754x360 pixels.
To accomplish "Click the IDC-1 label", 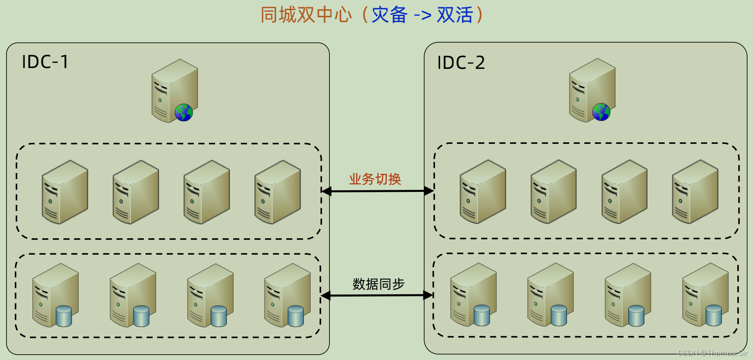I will (x=45, y=62).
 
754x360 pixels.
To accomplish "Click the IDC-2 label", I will (x=461, y=63).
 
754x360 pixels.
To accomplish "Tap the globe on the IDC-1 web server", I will (x=184, y=112).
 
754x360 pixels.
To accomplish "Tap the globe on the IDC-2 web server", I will (x=601, y=112).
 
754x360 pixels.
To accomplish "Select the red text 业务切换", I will (x=375, y=179).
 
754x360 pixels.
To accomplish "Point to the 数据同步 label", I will (x=378, y=284).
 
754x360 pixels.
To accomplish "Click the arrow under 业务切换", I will (x=377, y=191).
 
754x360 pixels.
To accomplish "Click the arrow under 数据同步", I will (x=377, y=295).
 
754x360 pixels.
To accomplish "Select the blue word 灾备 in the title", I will (x=389, y=15).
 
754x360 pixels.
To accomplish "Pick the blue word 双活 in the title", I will (x=455, y=15).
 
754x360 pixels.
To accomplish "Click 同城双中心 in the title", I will (x=306, y=15).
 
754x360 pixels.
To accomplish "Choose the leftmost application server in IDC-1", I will (x=65, y=192).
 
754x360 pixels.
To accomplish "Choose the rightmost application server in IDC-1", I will (x=277, y=192).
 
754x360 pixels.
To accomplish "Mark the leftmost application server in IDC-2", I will (x=483, y=191).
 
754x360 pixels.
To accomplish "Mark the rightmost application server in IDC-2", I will (x=695, y=191).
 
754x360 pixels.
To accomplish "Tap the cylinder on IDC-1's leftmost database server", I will (x=64, y=316).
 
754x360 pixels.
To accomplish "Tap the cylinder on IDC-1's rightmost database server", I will (x=296, y=316).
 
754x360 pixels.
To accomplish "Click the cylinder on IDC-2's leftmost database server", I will (x=482, y=315).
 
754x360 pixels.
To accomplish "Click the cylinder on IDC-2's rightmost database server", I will (x=713, y=315).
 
